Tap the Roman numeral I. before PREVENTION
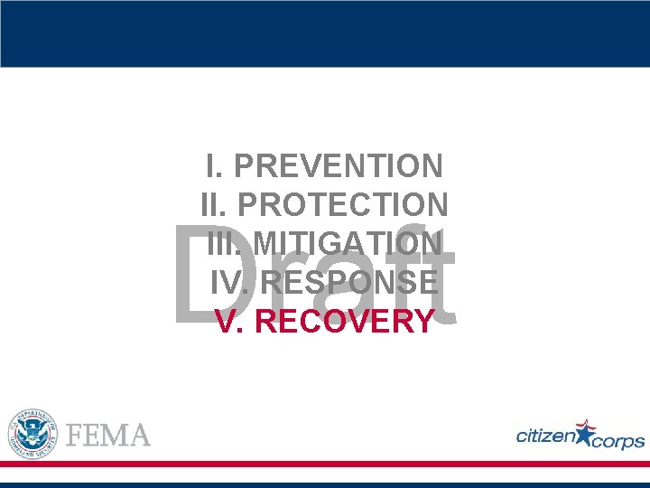pyautogui.click(x=214, y=166)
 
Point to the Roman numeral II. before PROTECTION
pyautogui.click(x=215, y=205)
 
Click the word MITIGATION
pyautogui.click(x=348, y=244)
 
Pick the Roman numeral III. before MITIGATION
pyautogui.click(x=225, y=244)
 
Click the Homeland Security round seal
pyautogui.click(x=32, y=433)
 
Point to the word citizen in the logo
pyautogui.click(x=545, y=436)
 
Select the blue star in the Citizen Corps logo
pyautogui.click(x=585, y=433)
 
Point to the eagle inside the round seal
pyautogui.click(x=32, y=432)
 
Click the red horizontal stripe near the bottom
pyautogui.click(x=325, y=464)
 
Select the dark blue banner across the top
pyautogui.click(x=325, y=33)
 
